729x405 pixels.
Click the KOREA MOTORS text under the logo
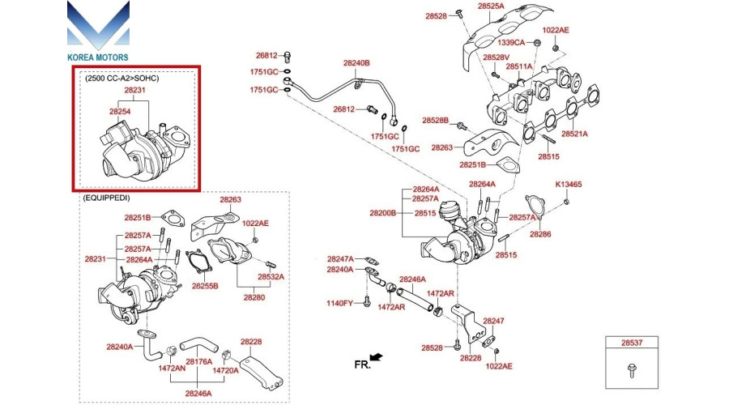tap(98, 58)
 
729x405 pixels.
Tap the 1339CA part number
tap(511, 41)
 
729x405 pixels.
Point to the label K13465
tap(568, 185)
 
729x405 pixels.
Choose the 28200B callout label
tap(383, 213)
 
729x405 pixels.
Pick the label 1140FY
tap(339, 304)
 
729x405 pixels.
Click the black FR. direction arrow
tap(375, 356)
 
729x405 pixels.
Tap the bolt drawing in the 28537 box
tap(630, 371)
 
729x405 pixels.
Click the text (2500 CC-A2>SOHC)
tap(122, 79)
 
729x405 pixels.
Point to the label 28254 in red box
tap(120, 111)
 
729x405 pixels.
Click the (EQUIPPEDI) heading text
tap(106, 197)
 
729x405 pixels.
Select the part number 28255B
tap(205, 287)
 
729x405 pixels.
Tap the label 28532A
tap(271, 276)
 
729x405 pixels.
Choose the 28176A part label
tap(198, 361)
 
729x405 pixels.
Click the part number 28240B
tap(356, 63)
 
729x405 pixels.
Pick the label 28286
tap(540, 234)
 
